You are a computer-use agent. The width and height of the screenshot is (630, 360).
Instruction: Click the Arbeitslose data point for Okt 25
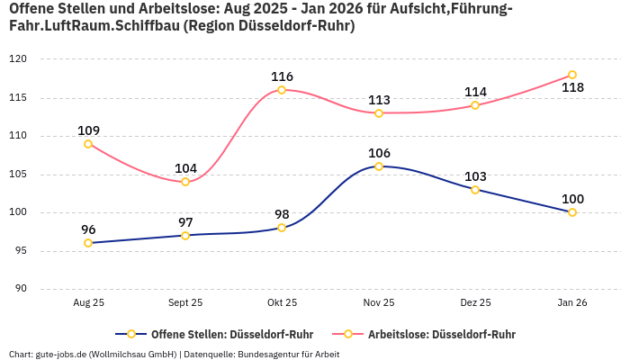282,90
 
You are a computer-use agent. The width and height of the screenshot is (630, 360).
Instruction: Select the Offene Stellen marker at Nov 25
379,166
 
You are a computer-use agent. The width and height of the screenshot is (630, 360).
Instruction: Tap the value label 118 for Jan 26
572,88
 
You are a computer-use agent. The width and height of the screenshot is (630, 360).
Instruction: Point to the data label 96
88,229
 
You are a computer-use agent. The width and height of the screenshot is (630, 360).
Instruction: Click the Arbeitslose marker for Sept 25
185,182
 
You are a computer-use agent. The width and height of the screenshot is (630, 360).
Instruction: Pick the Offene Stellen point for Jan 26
572,212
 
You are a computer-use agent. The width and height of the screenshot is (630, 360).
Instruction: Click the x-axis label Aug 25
88,303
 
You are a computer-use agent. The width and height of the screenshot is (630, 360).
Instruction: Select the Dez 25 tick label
475,303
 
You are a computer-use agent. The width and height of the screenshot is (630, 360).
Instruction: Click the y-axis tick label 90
21,289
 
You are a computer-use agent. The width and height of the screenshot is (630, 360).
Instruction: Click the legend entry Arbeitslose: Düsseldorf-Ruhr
441,334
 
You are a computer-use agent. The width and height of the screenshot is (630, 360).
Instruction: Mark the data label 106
379,153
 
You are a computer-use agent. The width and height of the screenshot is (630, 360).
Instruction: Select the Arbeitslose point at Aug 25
88,144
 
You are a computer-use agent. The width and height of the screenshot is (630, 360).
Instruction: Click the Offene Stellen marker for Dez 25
475,190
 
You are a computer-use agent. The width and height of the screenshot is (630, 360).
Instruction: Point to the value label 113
379,100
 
